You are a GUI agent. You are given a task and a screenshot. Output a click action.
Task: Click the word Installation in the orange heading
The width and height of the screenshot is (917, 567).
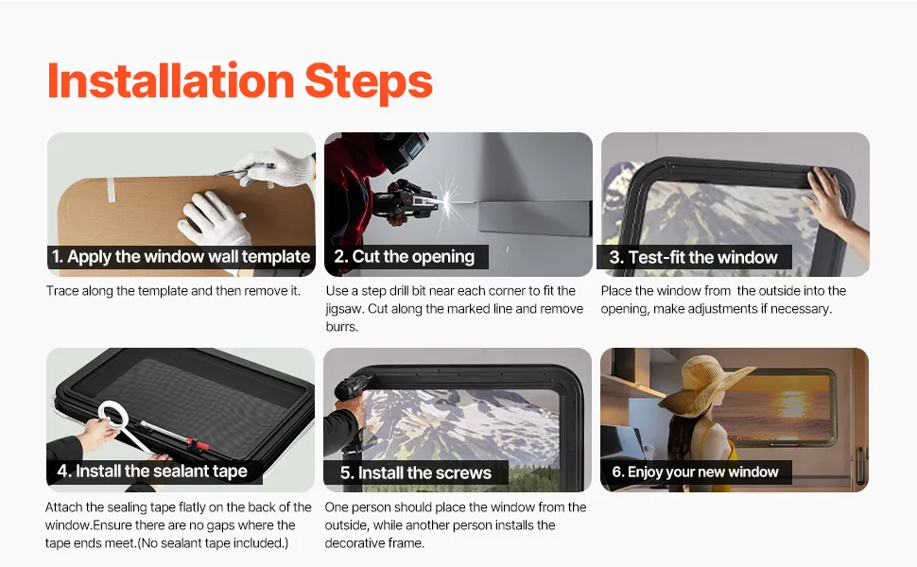pyautogui.click(x=171, y=80)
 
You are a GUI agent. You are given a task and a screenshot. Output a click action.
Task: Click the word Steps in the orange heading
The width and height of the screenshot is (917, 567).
pyautogui.click(x=369, y=82)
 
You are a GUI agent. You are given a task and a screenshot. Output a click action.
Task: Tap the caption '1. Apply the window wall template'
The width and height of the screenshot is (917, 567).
pyautogui.click(x=181, y=257)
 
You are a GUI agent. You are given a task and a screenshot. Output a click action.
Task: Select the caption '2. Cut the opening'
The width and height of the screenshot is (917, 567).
pyautogui.click(x=404, y=257)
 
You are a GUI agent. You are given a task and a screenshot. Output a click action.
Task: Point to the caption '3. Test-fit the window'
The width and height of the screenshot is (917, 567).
pyautogui.click(x=694, y=257)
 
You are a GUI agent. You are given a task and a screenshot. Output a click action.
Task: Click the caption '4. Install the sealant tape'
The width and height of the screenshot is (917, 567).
pyautogui.click(x=152, y=472)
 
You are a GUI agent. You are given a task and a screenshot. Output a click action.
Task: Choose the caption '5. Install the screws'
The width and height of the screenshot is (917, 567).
pyautogui.click(x=416, y=472)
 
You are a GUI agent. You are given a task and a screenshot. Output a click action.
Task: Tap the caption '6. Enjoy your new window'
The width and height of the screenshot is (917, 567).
pyautogui.click(x=696, y=472)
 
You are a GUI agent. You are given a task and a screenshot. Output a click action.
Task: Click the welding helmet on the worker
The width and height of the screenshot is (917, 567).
pyautogui.click(x=402, y=149)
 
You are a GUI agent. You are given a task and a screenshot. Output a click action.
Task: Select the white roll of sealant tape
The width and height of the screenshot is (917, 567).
pyautogui.click(x=113, y=418)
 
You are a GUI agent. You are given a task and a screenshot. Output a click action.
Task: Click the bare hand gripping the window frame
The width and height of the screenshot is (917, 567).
pyautogui.click(x=830, y=201)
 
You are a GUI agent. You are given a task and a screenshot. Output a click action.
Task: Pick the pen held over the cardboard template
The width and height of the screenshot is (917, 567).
pyautogui.click(x=245, y=171)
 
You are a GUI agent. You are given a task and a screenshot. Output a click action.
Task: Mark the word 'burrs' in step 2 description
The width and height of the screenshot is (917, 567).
pyautogui.click(x=341, y=326)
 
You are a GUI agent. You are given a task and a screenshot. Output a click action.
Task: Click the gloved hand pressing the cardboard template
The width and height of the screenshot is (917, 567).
pyautogui.click(x=214, y=219)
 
